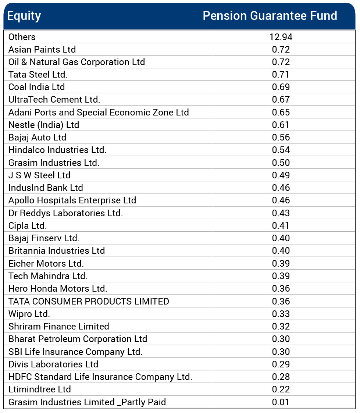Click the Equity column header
pyautogui.click(x=24, y=16)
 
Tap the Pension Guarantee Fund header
pyautogui.click(x=270, y=16)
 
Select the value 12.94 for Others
pyautogui.click(x=281, y=37)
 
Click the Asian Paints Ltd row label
pyautogui.click(x=42, y=49)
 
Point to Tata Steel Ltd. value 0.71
pyautogui.click(x=281, y=75)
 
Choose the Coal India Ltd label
pyautogui.click(x=36, y=87)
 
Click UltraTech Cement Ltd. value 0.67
pyautogui.click(x=281, y=100)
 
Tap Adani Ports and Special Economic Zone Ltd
pyautogui.click(x=99, y=112)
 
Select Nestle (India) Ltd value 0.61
pyautogui.click(x=281, y=125)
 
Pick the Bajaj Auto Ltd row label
pyautogui.click(x=37, y=138)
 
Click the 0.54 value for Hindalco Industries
pyautogui.click(x=281, y=150)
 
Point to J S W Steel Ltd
pyautogui.click(x=39, y=175)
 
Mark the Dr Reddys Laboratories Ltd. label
pyautogui.click(x=65, y=213)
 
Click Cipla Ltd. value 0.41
pyautogui.click(x=281, y=226)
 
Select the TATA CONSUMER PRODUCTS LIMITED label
pyautogui.click(x=89, y=302)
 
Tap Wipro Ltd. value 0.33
pyautogui.click(x=281, y=314)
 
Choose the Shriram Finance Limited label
pyautogui.click(x=59, y=327)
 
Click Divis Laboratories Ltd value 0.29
pyautogui.click(x=281, y=364)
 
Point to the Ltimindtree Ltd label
pyautogui.click(x=40, y=389)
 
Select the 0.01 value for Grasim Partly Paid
pyautogui.click(x=281, y=402)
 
